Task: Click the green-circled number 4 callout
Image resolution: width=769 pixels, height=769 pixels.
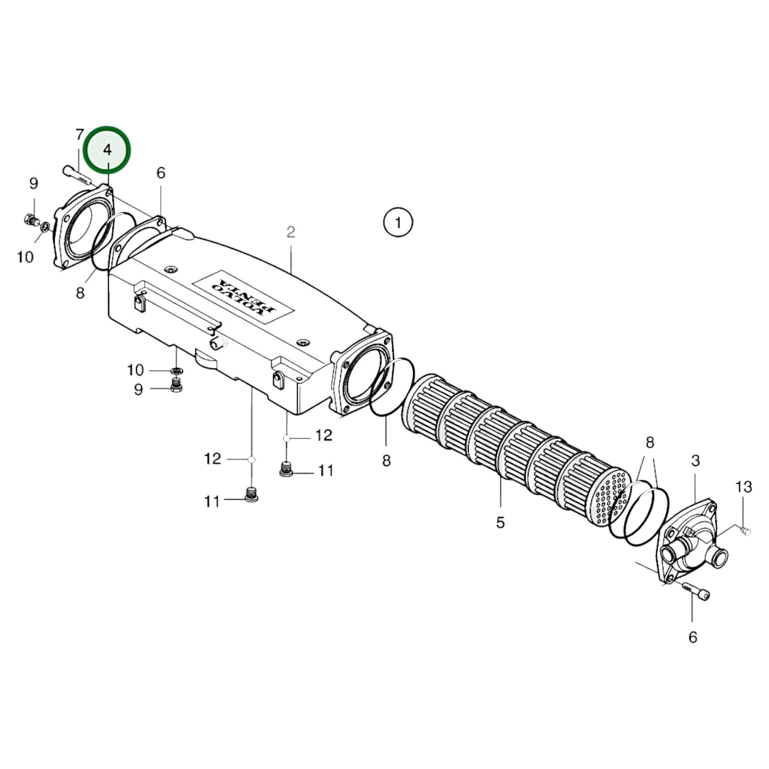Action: pos(108,150)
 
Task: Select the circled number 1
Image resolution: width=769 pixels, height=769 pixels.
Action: pos(398,222)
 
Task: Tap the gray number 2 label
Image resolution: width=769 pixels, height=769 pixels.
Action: pos(291,232)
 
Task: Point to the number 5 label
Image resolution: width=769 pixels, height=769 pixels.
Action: pos(500,523)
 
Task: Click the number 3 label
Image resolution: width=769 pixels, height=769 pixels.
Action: pos(696,460)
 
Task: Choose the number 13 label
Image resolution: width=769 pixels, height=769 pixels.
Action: pos(743,486)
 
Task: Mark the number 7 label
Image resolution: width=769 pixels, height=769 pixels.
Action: pos(80,135)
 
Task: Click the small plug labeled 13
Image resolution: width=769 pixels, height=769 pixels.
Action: pos(746,530)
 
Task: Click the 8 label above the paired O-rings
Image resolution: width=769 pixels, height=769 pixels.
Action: pos(650,443)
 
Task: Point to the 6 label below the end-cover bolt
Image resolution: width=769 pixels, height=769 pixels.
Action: pos(692,637)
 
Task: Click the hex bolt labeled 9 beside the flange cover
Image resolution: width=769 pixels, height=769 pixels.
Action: pos(30,219)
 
